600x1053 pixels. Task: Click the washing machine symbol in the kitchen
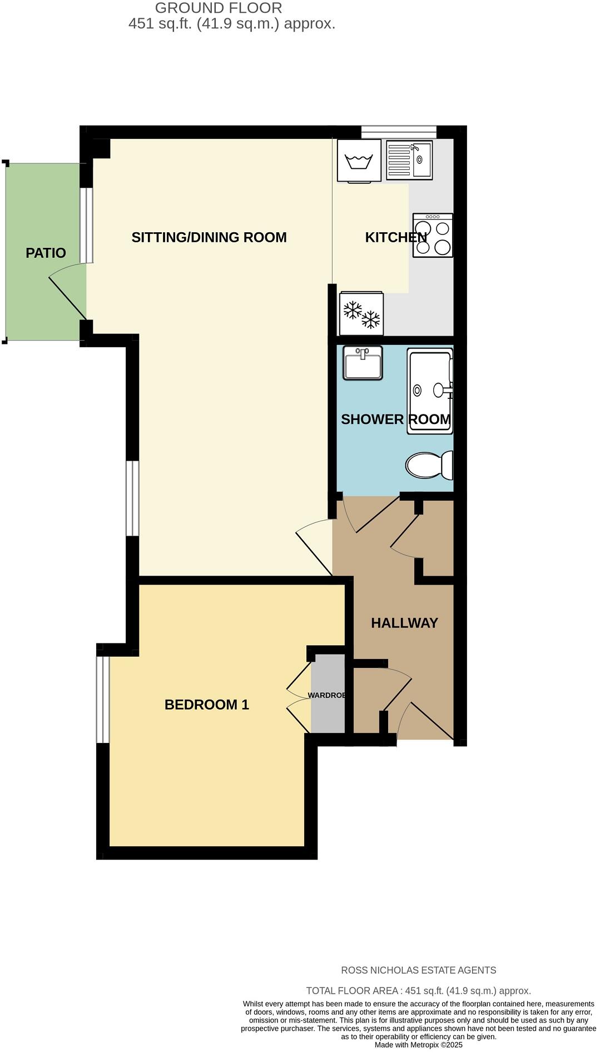(x=359, y=160)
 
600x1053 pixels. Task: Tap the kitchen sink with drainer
(x=409, y=161)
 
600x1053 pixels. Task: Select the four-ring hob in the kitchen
(x=433, y=235)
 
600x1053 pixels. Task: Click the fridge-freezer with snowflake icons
(x=361, y=314)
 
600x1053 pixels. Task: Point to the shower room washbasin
(x=363, y=363)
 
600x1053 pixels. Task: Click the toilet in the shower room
(x=429, y=465)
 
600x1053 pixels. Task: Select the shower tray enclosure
(x=429, y=391)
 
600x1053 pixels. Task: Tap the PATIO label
(x=46, y=253)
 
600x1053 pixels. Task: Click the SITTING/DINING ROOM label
(x=209, y=238)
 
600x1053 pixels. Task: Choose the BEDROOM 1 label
(x=206, y=705)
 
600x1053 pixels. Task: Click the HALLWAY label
(x=404, y=623)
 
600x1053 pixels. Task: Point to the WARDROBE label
(x=327, y=696)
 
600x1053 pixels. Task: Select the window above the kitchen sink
(x=399, y=132)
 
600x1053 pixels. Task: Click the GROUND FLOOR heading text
(x=219, y=8)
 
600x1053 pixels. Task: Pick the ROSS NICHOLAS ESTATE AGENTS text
(x=418, y=970)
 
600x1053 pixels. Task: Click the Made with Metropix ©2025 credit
(x=418, y=1045)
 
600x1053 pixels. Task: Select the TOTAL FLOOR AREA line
(x=418, y=991)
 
